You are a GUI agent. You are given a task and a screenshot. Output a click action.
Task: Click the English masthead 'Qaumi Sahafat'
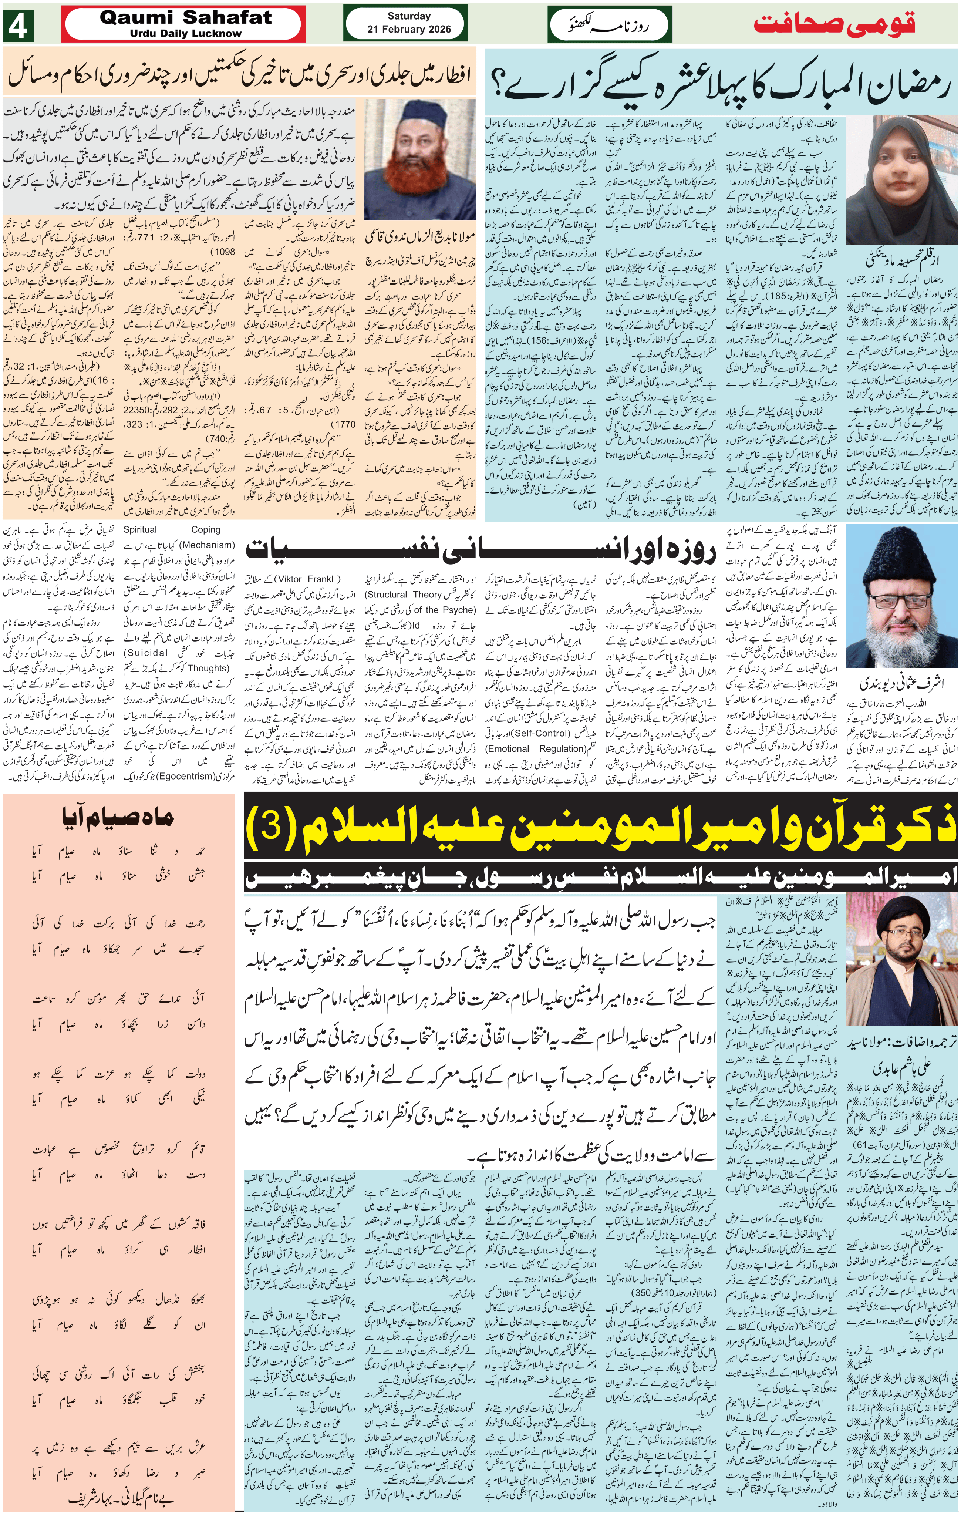(186, 18)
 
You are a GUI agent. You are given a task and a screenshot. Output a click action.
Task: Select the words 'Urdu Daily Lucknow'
(186, 33)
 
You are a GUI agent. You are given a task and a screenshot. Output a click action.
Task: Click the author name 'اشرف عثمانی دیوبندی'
(901, 683)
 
